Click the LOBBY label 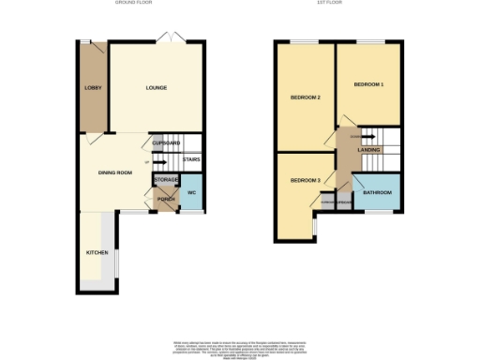(92, 88)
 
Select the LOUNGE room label (156, 88)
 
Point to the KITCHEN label (97, 252)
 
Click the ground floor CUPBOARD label (166, 142)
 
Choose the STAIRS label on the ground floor (191, 159)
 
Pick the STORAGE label (166, 178)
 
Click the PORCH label (166, 199)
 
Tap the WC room (190, 193)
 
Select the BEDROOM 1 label (368, 85)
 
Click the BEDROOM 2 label (306, 97)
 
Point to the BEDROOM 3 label (305, 180)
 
